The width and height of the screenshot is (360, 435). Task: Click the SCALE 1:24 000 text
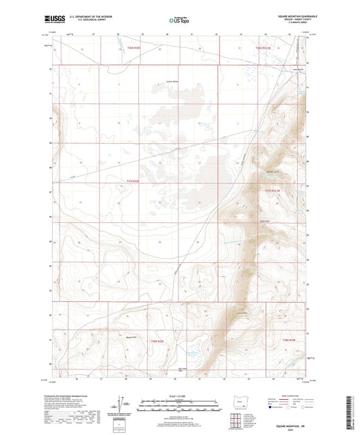(x=180, y=396)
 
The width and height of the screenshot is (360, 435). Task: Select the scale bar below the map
(x=180, y=407)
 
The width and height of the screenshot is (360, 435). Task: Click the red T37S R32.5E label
(x=272, y=191)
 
